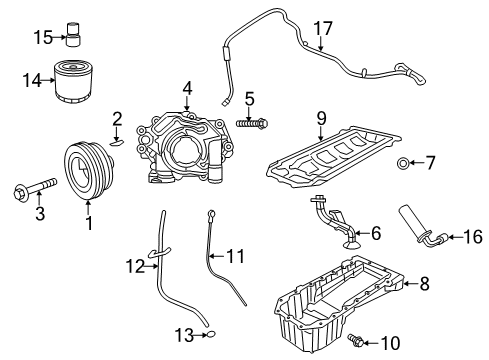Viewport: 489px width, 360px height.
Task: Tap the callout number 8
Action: click(423, 285)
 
